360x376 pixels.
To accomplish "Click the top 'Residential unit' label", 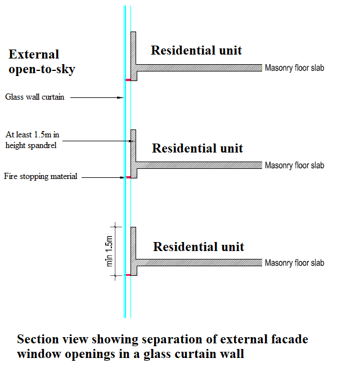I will (x=196, y=50).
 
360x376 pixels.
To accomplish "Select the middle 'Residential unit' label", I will (x=197, y=148).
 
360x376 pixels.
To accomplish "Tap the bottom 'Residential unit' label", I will (x=199, y=247).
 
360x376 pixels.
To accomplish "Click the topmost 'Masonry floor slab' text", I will (x=294, y=69).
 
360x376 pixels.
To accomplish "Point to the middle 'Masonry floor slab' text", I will (x=294, y=165).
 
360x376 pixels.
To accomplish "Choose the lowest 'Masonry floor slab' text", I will (x=294, y=263).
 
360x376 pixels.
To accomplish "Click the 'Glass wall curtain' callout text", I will (x=35, y=97).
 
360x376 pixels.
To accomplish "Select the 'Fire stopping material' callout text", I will (x=40, y=177).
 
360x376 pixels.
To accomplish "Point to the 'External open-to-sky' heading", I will (x=42, y=62).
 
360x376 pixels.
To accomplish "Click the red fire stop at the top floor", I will (x=128, y=80).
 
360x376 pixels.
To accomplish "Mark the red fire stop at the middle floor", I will (x=128, y=177).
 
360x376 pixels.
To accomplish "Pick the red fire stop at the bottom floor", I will (x=128, y=275).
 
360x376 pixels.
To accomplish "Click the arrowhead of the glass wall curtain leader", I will (x=121, y=97).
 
